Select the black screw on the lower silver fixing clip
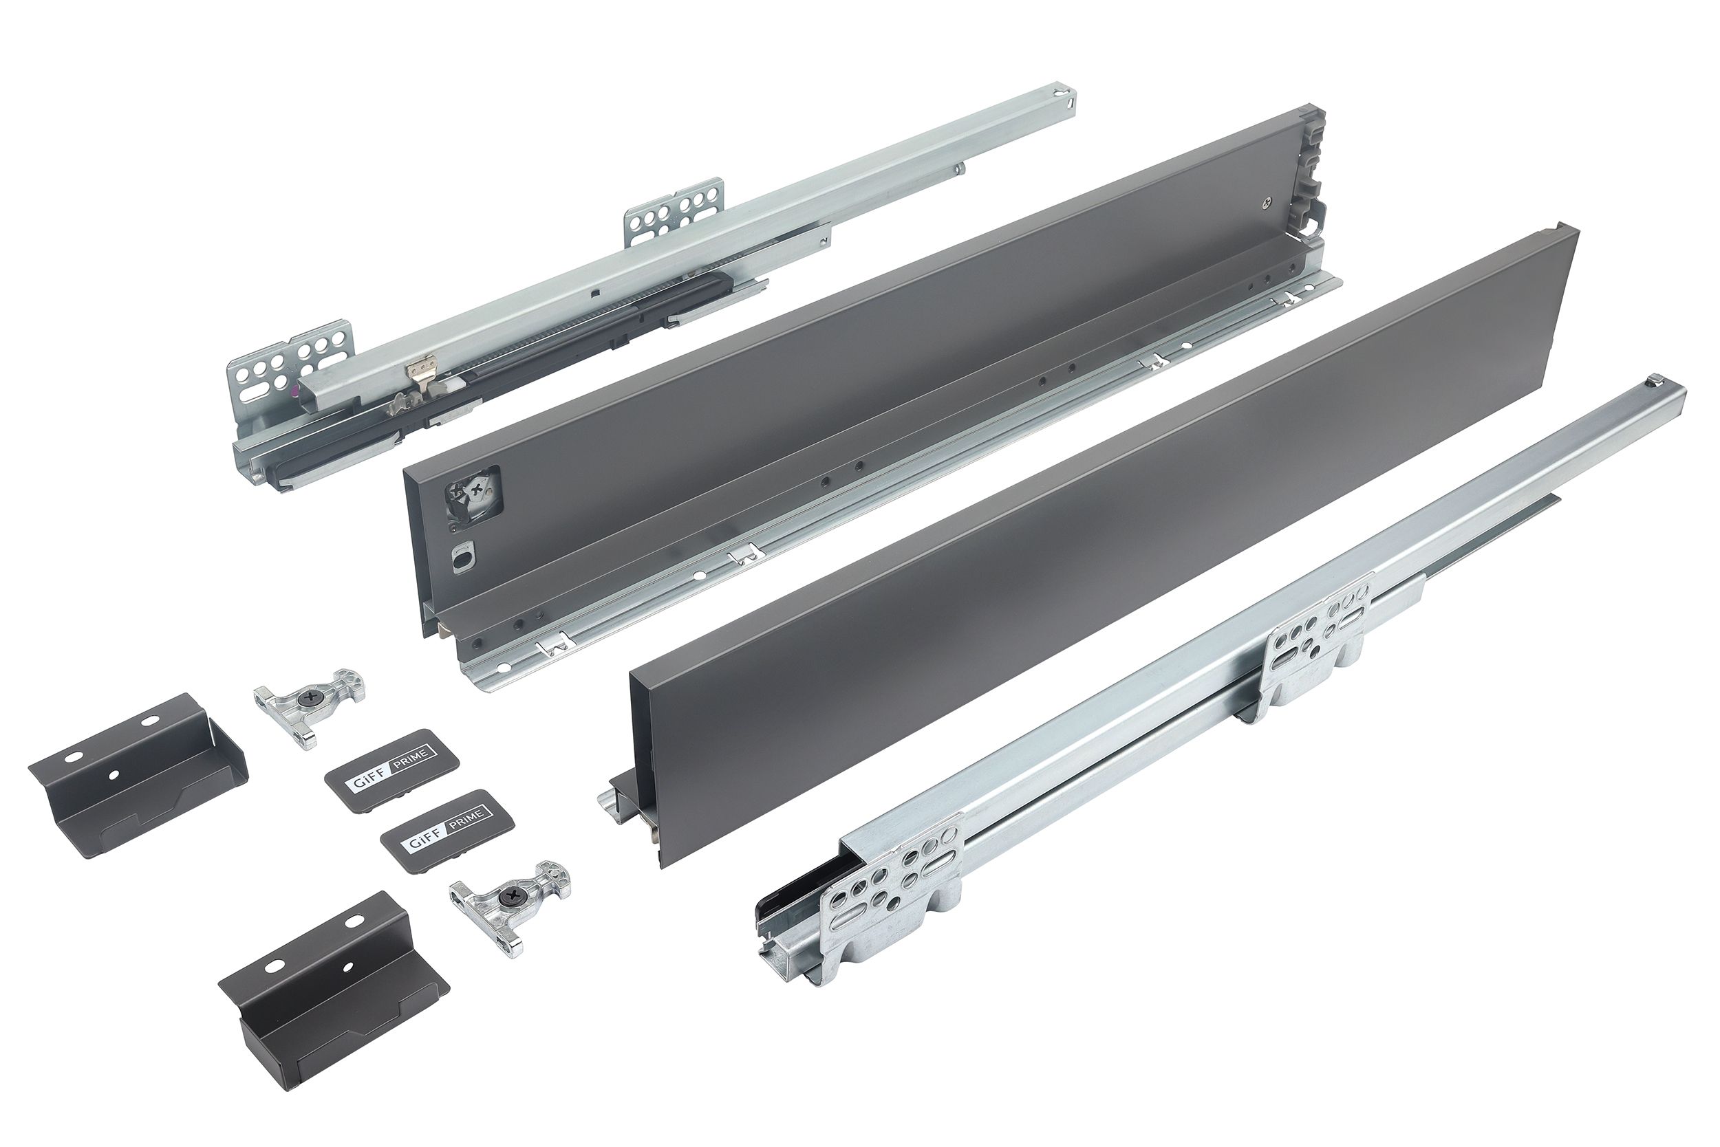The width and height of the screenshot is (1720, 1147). pos(506,897)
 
